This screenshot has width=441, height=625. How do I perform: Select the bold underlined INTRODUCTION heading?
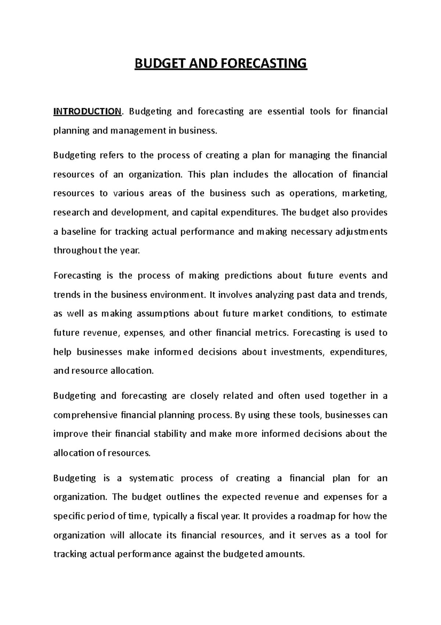coord(87,112)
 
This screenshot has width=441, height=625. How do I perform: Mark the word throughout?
coord(78,251)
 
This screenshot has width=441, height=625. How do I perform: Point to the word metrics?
coord(272,333)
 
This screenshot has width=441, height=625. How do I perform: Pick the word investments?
coord(298,352)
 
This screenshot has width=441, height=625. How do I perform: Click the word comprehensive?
coord(85,415)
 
